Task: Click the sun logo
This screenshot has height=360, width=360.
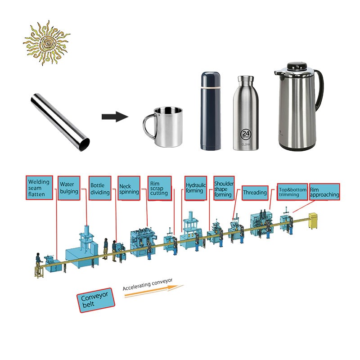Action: click(x=47, y=43)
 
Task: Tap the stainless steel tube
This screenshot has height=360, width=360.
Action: click(x=60, y=122)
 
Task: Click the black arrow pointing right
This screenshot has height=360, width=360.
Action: click(x=115, y=117)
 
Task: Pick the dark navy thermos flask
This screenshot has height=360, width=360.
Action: click(x=211, y=111)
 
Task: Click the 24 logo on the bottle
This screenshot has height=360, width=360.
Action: click(x=246, y=134)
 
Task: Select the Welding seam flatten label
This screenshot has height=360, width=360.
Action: click(x=39, y=188)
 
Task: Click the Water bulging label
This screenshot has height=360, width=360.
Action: click(x=69, y=188)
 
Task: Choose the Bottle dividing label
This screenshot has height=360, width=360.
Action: click(x=100, y=188)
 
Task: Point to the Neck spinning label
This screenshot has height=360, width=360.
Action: click(x=129, y=188)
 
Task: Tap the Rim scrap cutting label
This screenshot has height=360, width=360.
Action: click(x=160, y=188)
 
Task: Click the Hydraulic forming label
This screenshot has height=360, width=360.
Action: click(x=196, y=188)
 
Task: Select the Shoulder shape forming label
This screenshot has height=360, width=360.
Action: click(x=224, y=188)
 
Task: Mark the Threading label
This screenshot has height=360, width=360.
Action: click(x=255, y=193)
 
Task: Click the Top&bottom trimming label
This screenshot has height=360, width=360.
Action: click(x=292, y=192)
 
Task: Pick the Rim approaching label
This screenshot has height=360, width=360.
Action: click(x=324, y=192)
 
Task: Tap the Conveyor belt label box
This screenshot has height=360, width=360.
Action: click(x=95, y=300)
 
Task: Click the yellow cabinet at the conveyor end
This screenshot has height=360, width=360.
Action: click(x=313, y=221)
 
